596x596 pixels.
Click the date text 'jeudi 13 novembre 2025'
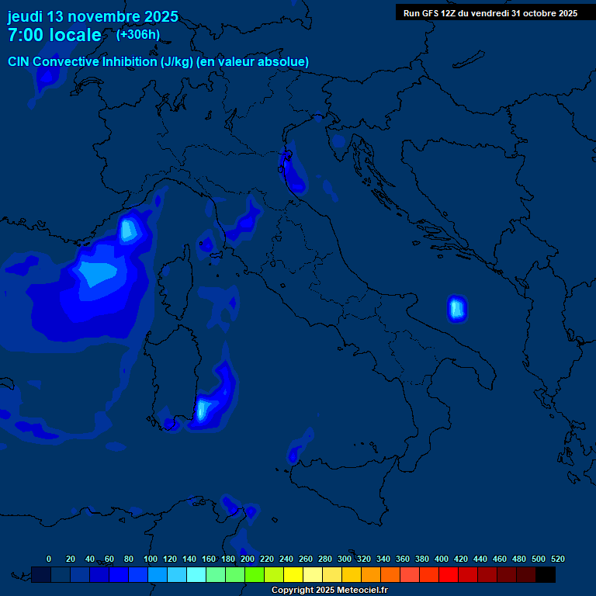(92, 16)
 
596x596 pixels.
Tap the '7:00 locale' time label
(54, 35)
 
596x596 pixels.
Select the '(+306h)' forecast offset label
(138, 34)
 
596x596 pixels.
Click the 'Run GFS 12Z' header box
(490, 12)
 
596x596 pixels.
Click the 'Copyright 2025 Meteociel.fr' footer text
(329, 591)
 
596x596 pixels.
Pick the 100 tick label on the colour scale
(151, 559)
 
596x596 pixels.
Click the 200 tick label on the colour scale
(248, 559)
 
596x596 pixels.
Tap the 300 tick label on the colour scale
(345, 559)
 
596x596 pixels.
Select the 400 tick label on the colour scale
(442, 559)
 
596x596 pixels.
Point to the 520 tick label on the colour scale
(558, 559)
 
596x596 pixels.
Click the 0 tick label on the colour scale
(49, 559)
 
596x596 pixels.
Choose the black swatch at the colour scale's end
(546, 574)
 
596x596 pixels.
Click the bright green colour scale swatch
(255, 574)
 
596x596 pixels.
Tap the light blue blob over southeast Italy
(456, 308)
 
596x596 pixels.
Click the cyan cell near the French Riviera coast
(129, 229)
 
